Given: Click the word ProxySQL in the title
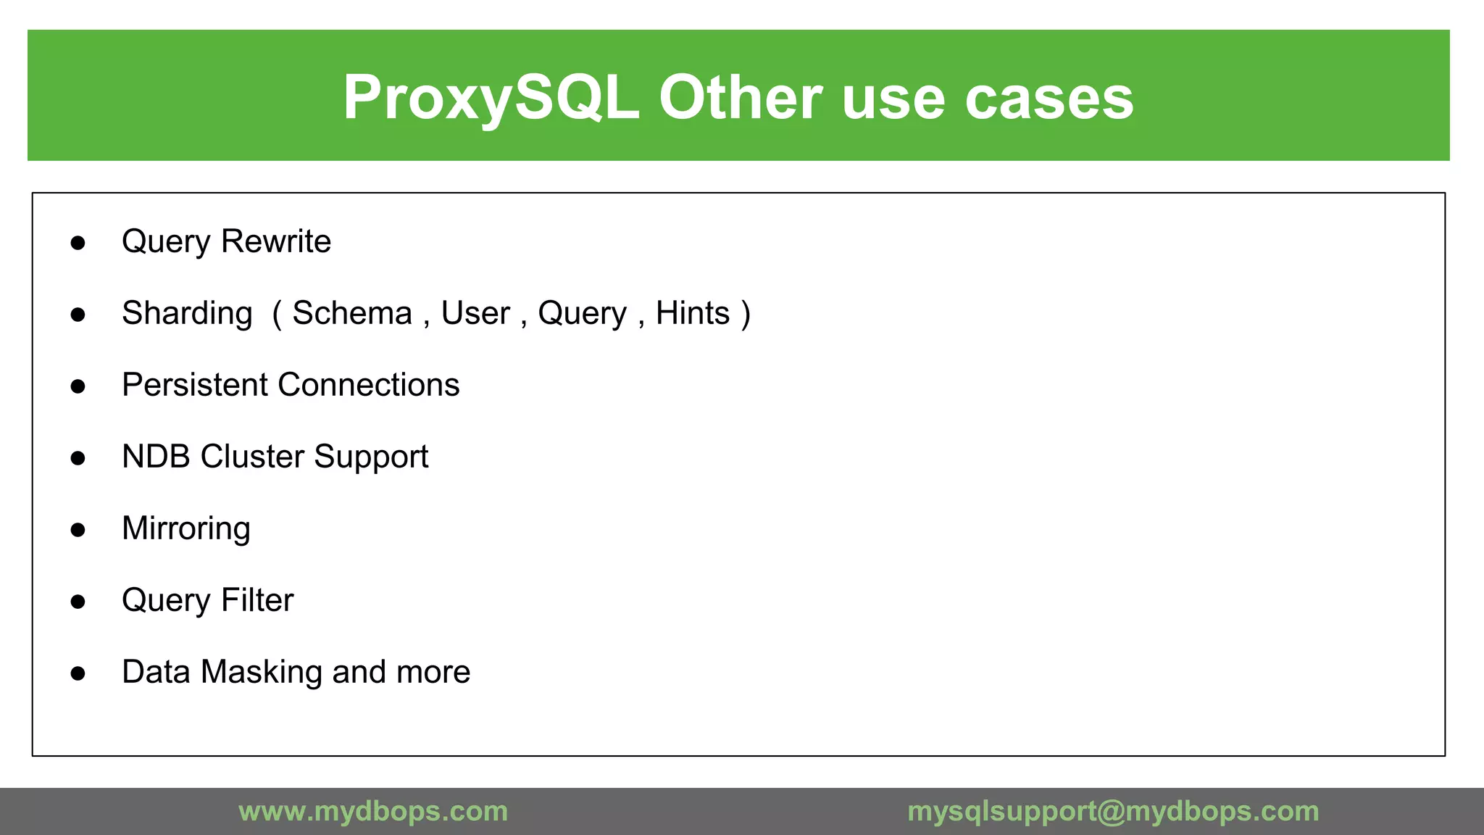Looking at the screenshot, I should [491, 98].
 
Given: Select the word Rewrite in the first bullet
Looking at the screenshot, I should [276, 241].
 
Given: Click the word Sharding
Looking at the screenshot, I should [187, 314].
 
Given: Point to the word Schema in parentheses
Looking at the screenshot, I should [352, 313].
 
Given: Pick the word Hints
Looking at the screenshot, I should [692, 313].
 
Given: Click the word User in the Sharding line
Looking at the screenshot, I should [475, 313].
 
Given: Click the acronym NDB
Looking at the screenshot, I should [156, 457].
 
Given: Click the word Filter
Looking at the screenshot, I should [257, 600].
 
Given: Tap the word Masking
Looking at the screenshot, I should [262, 673].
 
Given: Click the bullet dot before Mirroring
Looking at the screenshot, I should [78, 530].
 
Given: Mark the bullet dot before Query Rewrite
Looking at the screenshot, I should [78, 243].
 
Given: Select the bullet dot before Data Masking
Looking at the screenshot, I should [78, 673].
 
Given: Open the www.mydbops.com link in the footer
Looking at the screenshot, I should [373, 811].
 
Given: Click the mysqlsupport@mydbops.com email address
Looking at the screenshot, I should [1113, 811].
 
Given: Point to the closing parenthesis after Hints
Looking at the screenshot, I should [746, 314].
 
